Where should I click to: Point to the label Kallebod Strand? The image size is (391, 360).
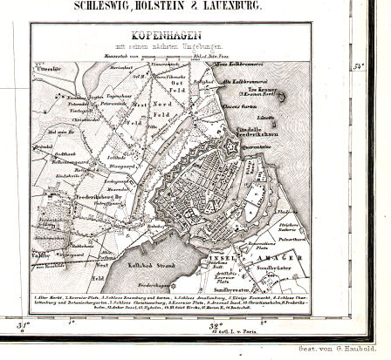coord(137,259)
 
